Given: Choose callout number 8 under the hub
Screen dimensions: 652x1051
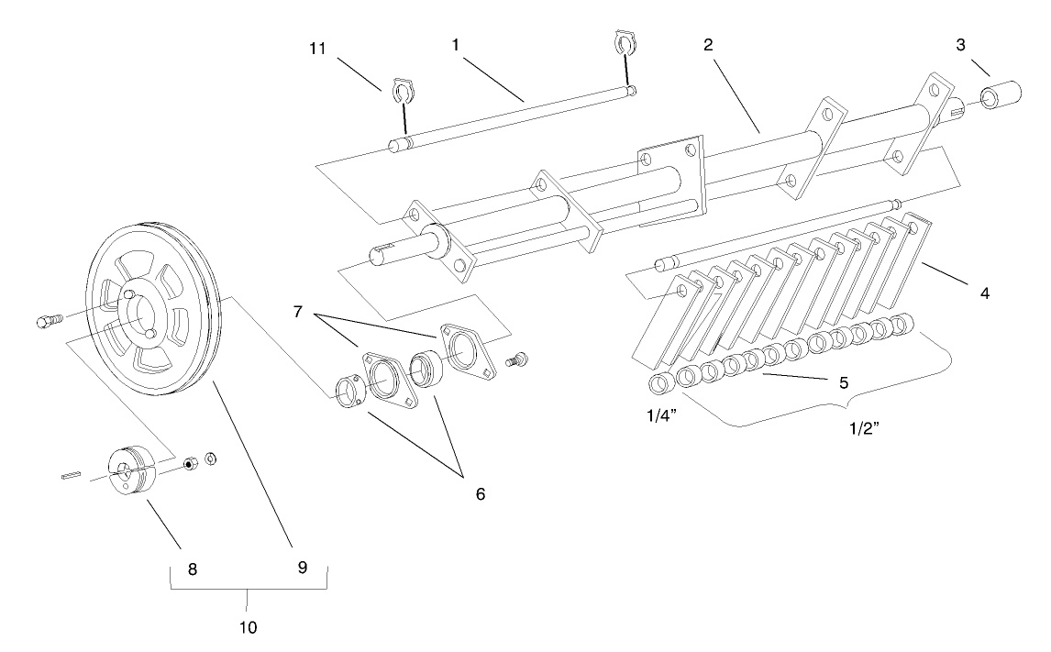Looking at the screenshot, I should pyautogui.click(x=193, y=569).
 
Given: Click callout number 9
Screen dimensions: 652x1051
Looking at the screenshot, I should pyautogui.click(x=302, y=569).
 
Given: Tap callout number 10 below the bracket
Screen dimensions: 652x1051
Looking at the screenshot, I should pyautogui.click(x=249, y=628).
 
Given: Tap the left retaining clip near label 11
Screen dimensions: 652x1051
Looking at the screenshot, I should pyautogui.click(x=400, y=91).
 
